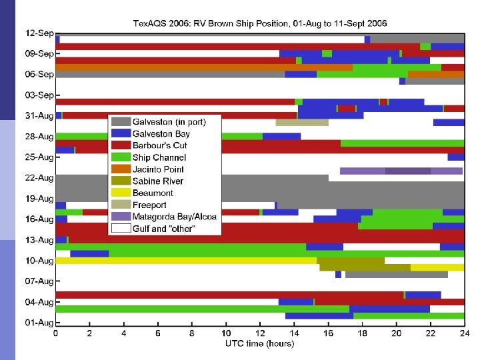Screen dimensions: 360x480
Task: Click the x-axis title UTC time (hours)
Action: point(259,344)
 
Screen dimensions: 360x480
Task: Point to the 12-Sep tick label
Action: point(40,33)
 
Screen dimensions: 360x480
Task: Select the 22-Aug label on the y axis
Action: point(40,177)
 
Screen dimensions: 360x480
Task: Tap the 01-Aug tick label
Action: point(40,323)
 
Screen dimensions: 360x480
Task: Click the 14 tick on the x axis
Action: point(294,333)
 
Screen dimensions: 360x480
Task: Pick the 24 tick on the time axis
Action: point(464,333)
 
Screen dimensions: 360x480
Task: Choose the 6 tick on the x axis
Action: point(158,333)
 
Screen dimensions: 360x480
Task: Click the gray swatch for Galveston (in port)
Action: point(121,122)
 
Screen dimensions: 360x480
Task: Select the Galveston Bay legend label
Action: point(161,134)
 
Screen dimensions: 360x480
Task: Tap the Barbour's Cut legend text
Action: point(160,145)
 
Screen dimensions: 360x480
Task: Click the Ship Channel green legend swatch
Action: point(121,157)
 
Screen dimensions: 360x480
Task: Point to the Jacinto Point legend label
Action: point(158,169)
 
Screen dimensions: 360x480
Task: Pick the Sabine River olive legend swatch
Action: point(121,181)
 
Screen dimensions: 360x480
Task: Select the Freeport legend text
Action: point(150,205)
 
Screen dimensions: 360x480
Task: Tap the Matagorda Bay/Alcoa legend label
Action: point(175,217)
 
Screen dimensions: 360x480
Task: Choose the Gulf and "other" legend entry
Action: point(167,229)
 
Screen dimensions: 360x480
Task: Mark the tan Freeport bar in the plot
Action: point(302,122)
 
